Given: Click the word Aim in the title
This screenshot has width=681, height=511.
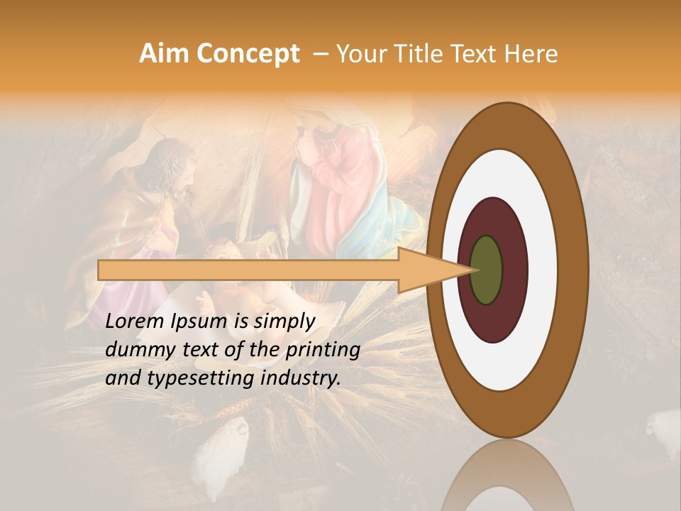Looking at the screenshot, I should tap(164, 54).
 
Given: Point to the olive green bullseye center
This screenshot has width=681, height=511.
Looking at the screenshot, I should tap(487, 270).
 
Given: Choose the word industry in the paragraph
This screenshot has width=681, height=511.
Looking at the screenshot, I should tap(298, 378).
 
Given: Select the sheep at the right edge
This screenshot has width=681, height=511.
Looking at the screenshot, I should tap(663, 429).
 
